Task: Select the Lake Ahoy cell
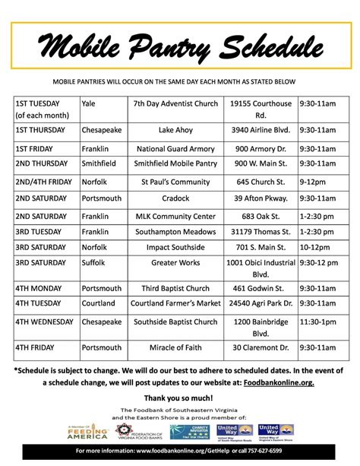[x=176, y=129]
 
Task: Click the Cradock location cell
[x=176, y=198]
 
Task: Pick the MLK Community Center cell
[x=176, y=217]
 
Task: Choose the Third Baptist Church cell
[x=176, y=289]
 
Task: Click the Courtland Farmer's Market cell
[x=176, y=305]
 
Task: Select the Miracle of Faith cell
[x=176, y=347]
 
